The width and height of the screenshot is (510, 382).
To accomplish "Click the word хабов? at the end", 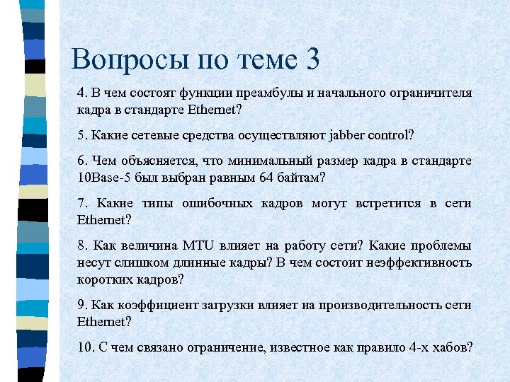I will coord(451,347).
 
